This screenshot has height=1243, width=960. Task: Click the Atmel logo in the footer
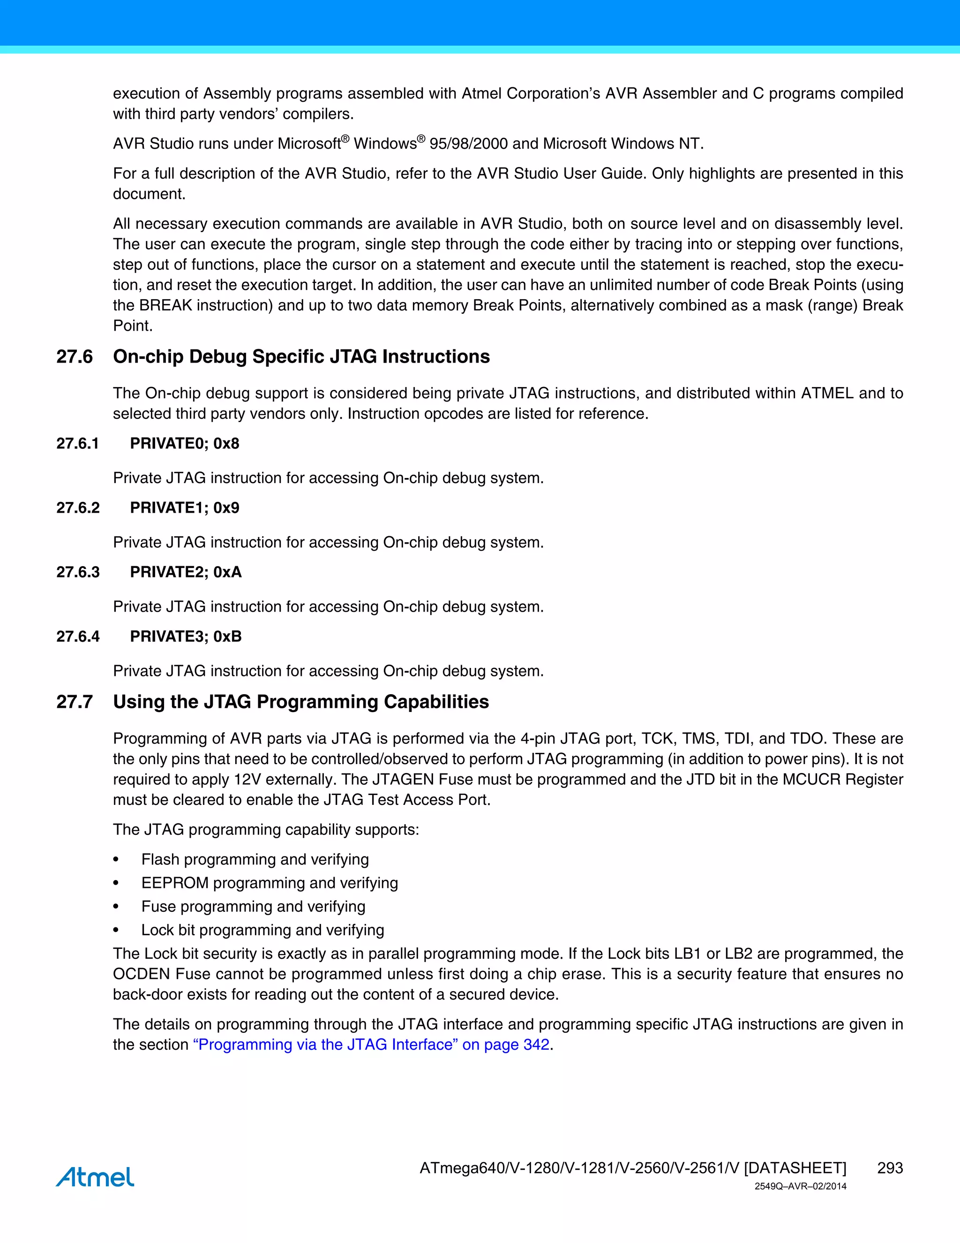95,1176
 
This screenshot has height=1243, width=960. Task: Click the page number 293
890,1168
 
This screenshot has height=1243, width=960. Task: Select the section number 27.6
75,357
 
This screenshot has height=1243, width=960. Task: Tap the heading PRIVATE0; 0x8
184,443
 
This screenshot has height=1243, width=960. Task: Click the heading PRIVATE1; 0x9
184,508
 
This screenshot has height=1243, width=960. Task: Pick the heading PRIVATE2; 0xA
186,572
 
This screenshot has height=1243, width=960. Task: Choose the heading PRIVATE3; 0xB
186,637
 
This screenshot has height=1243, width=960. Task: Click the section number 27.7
75,702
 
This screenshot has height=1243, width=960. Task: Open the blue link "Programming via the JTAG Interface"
371,1045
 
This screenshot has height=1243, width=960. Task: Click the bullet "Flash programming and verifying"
255,859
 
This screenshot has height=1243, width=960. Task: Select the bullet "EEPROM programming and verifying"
270,883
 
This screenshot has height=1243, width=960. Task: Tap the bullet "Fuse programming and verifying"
253,906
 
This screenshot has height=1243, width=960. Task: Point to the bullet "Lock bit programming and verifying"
263,930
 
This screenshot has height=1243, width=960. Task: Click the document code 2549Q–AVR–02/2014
800,1186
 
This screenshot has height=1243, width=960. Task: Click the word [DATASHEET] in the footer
795,1168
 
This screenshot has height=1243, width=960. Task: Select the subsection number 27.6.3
78,572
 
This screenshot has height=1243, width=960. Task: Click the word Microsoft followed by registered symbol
309,144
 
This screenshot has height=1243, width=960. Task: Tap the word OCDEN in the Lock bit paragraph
141,974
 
